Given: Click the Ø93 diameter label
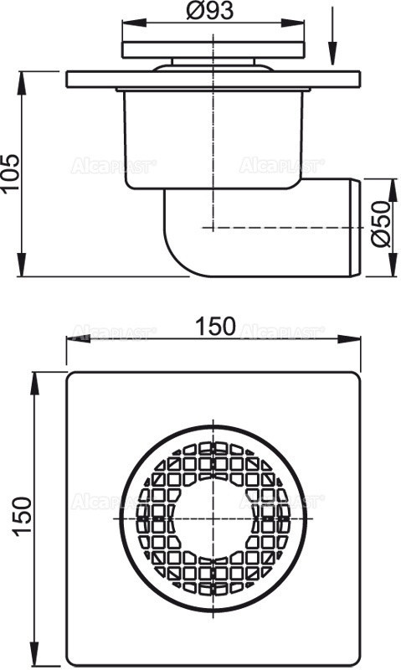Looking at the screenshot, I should (215, 11).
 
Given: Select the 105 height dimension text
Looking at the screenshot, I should (11, 173).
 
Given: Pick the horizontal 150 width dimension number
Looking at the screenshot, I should (216, 327).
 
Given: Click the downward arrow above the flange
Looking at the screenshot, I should (333, 54).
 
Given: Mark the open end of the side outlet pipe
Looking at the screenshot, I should (357, 226).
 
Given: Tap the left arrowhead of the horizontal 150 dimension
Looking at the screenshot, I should (73, 339).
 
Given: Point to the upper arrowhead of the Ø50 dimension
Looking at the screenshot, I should (393, 183).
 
